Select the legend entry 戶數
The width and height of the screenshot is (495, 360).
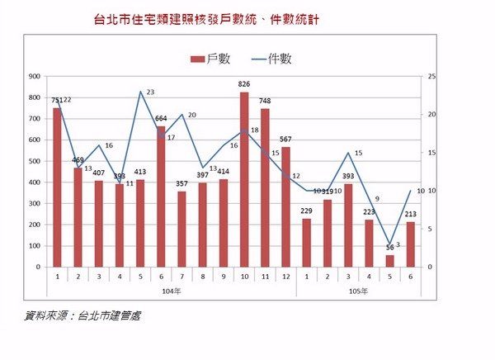point(212,59)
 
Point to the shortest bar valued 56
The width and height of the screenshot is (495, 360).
point(389,261)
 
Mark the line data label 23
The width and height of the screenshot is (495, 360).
point(150,92)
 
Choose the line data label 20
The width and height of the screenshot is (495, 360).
point(191,116)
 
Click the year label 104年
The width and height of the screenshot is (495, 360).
point(171,292)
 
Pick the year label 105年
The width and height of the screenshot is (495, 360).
point(358,292)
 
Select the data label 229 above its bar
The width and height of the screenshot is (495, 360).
point(306,211)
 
